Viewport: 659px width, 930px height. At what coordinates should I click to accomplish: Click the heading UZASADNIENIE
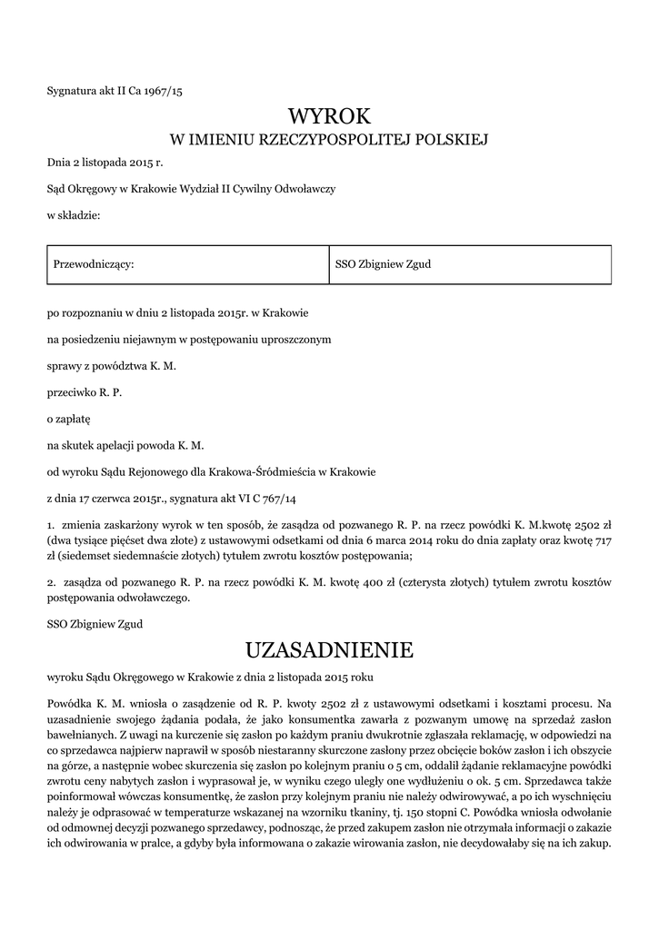[x=329, y=649]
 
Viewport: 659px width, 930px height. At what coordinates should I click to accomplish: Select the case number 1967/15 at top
[x=163, y=90]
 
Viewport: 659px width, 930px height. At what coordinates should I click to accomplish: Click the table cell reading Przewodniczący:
[x=95, y=264]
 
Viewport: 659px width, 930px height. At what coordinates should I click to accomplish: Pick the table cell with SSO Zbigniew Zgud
[x=383, y=264]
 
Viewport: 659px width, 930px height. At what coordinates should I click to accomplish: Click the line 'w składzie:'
[x=73, y=214]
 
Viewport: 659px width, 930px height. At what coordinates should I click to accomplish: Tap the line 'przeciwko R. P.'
[x=84, y=392]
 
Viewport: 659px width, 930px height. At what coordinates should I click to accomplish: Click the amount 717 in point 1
[x=601, y=540]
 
